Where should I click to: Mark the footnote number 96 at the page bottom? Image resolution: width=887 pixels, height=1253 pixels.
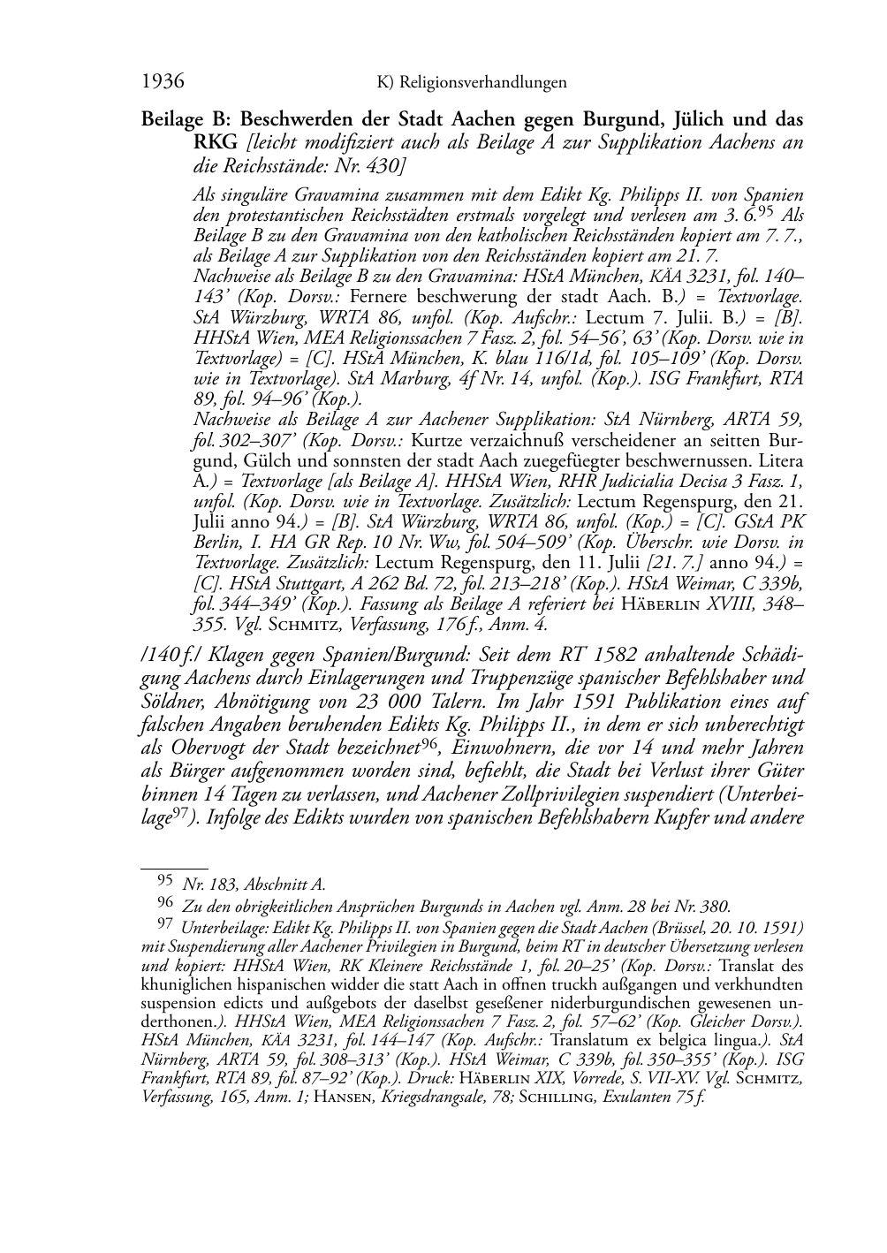[164, 903]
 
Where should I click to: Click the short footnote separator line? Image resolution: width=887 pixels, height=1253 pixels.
[175, 869]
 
